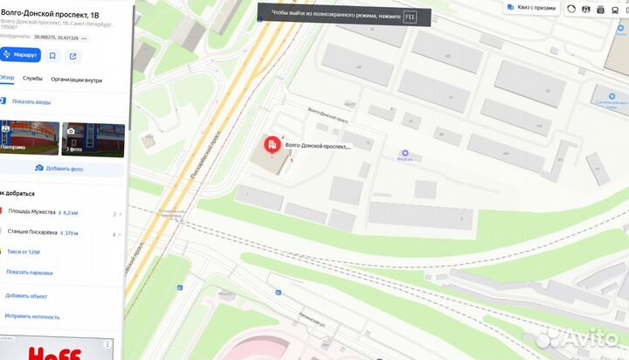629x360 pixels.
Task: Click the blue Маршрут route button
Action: pyautogui.click(x=19, y=55)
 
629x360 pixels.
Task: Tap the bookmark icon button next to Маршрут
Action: pyautogui.click(x=52, y=55)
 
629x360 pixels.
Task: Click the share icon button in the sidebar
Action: pyautogui.click(x=73, y=55)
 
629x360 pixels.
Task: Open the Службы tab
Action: pyautogui.click(x=33, y=79)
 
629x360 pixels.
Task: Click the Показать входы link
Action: pyautogui.click(x=31, y=101)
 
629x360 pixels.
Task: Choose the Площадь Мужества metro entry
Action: pyautogui.click(x=31, y=212)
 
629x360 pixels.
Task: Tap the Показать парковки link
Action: pyautogui.click(x=29, y=272)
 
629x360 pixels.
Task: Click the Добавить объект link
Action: pyautogui.click(x=26, y=295)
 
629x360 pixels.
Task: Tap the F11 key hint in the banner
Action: pyautogui.click(x=410, y=16)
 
